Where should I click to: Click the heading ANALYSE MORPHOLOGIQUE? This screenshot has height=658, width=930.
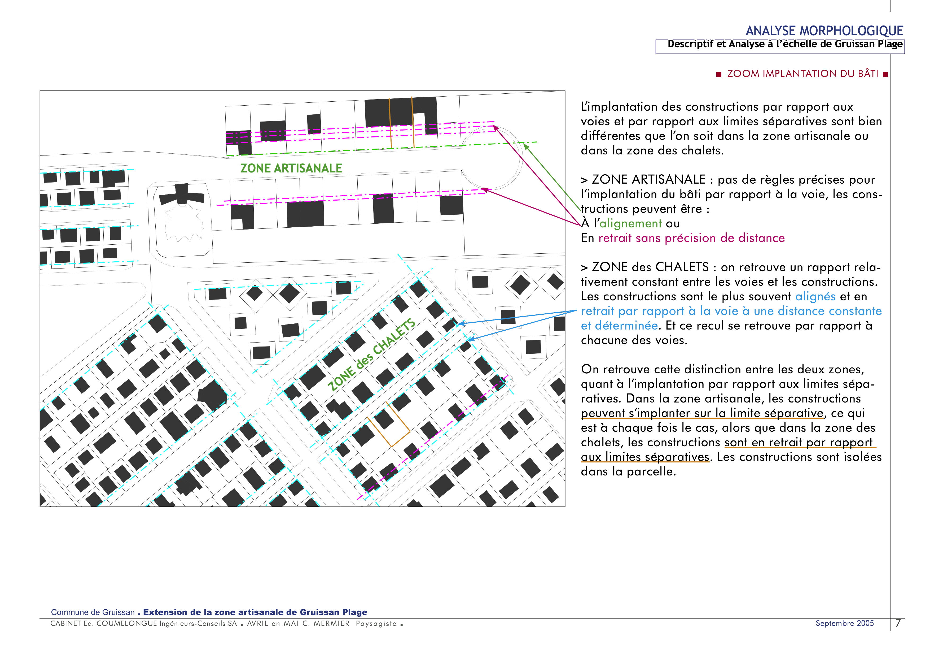[x=824, y=31]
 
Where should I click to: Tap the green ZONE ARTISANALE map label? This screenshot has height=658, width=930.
[x=291, y=168]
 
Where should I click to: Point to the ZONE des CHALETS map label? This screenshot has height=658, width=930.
[x=371, y=355]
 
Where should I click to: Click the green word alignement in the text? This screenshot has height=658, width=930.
[x=630, y=223]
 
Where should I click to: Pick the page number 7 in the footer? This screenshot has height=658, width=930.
[x=898, y=624]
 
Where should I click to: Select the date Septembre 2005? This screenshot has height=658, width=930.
[x=845, y=623]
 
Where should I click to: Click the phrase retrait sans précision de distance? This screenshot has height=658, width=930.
[x=691, y=238]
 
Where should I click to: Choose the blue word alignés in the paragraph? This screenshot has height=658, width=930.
[x=815, y=296]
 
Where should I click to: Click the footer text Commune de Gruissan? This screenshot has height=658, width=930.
[x=93, y=612]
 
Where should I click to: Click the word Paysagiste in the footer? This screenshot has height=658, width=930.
[x=376, y=624]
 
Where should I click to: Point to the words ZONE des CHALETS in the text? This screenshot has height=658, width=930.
[x=650, y=267]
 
